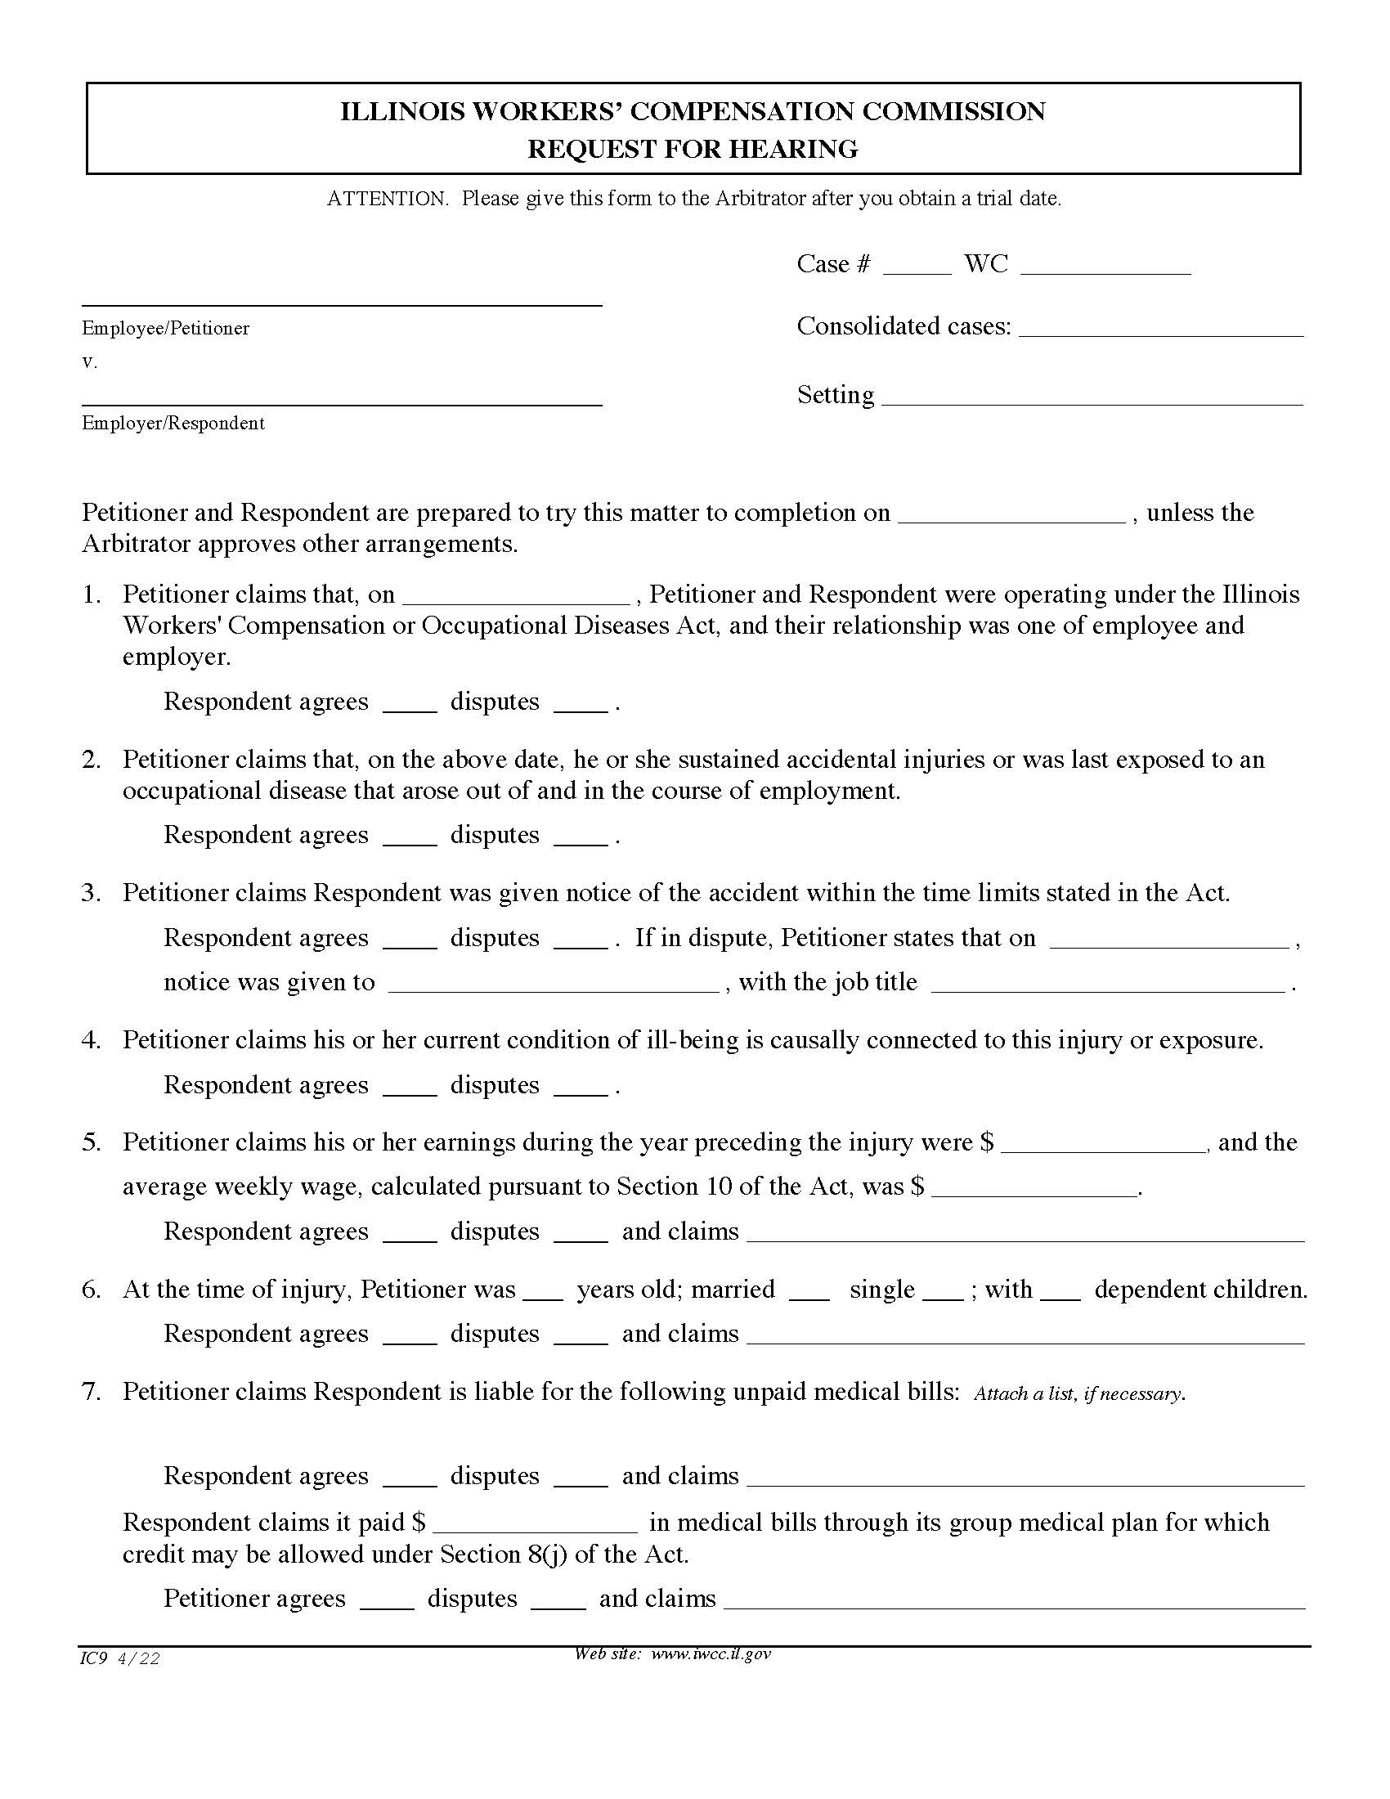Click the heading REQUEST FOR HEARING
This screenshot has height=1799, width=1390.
tap(693, 149)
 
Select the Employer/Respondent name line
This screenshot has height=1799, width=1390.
tap(342, 398)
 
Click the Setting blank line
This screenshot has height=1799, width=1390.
tap(1092, 397)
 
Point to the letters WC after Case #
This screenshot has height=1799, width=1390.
tap(986, 264)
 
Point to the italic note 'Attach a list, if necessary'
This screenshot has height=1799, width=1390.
tap(1079, 1393)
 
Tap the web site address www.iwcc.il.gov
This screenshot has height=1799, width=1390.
tap(711, 1654)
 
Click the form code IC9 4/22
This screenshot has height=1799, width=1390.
tap(120, 1659)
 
